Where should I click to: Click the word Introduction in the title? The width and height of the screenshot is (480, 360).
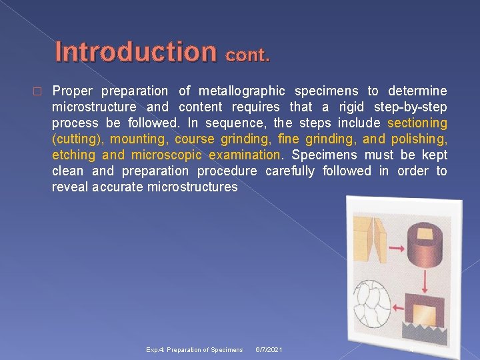click(135, 51)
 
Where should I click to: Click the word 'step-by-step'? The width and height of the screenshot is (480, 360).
click(413, 107)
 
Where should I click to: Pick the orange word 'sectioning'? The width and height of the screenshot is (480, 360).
click(417, 123)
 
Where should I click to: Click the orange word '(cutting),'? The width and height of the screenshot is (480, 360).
click(77, 139)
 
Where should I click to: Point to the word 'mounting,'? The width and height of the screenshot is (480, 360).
click(139, 139)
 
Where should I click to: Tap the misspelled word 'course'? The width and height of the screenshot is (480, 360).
click(193, 139)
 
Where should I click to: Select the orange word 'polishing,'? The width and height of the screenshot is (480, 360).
click(419, 139)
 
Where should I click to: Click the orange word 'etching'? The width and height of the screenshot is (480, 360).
click(74, 155)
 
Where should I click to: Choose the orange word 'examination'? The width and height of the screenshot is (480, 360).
click(245, 155)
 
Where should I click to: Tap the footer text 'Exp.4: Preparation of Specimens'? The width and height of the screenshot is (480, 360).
click(195, 350)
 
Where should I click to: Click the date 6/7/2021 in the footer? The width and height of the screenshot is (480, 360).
click(269, 350)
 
